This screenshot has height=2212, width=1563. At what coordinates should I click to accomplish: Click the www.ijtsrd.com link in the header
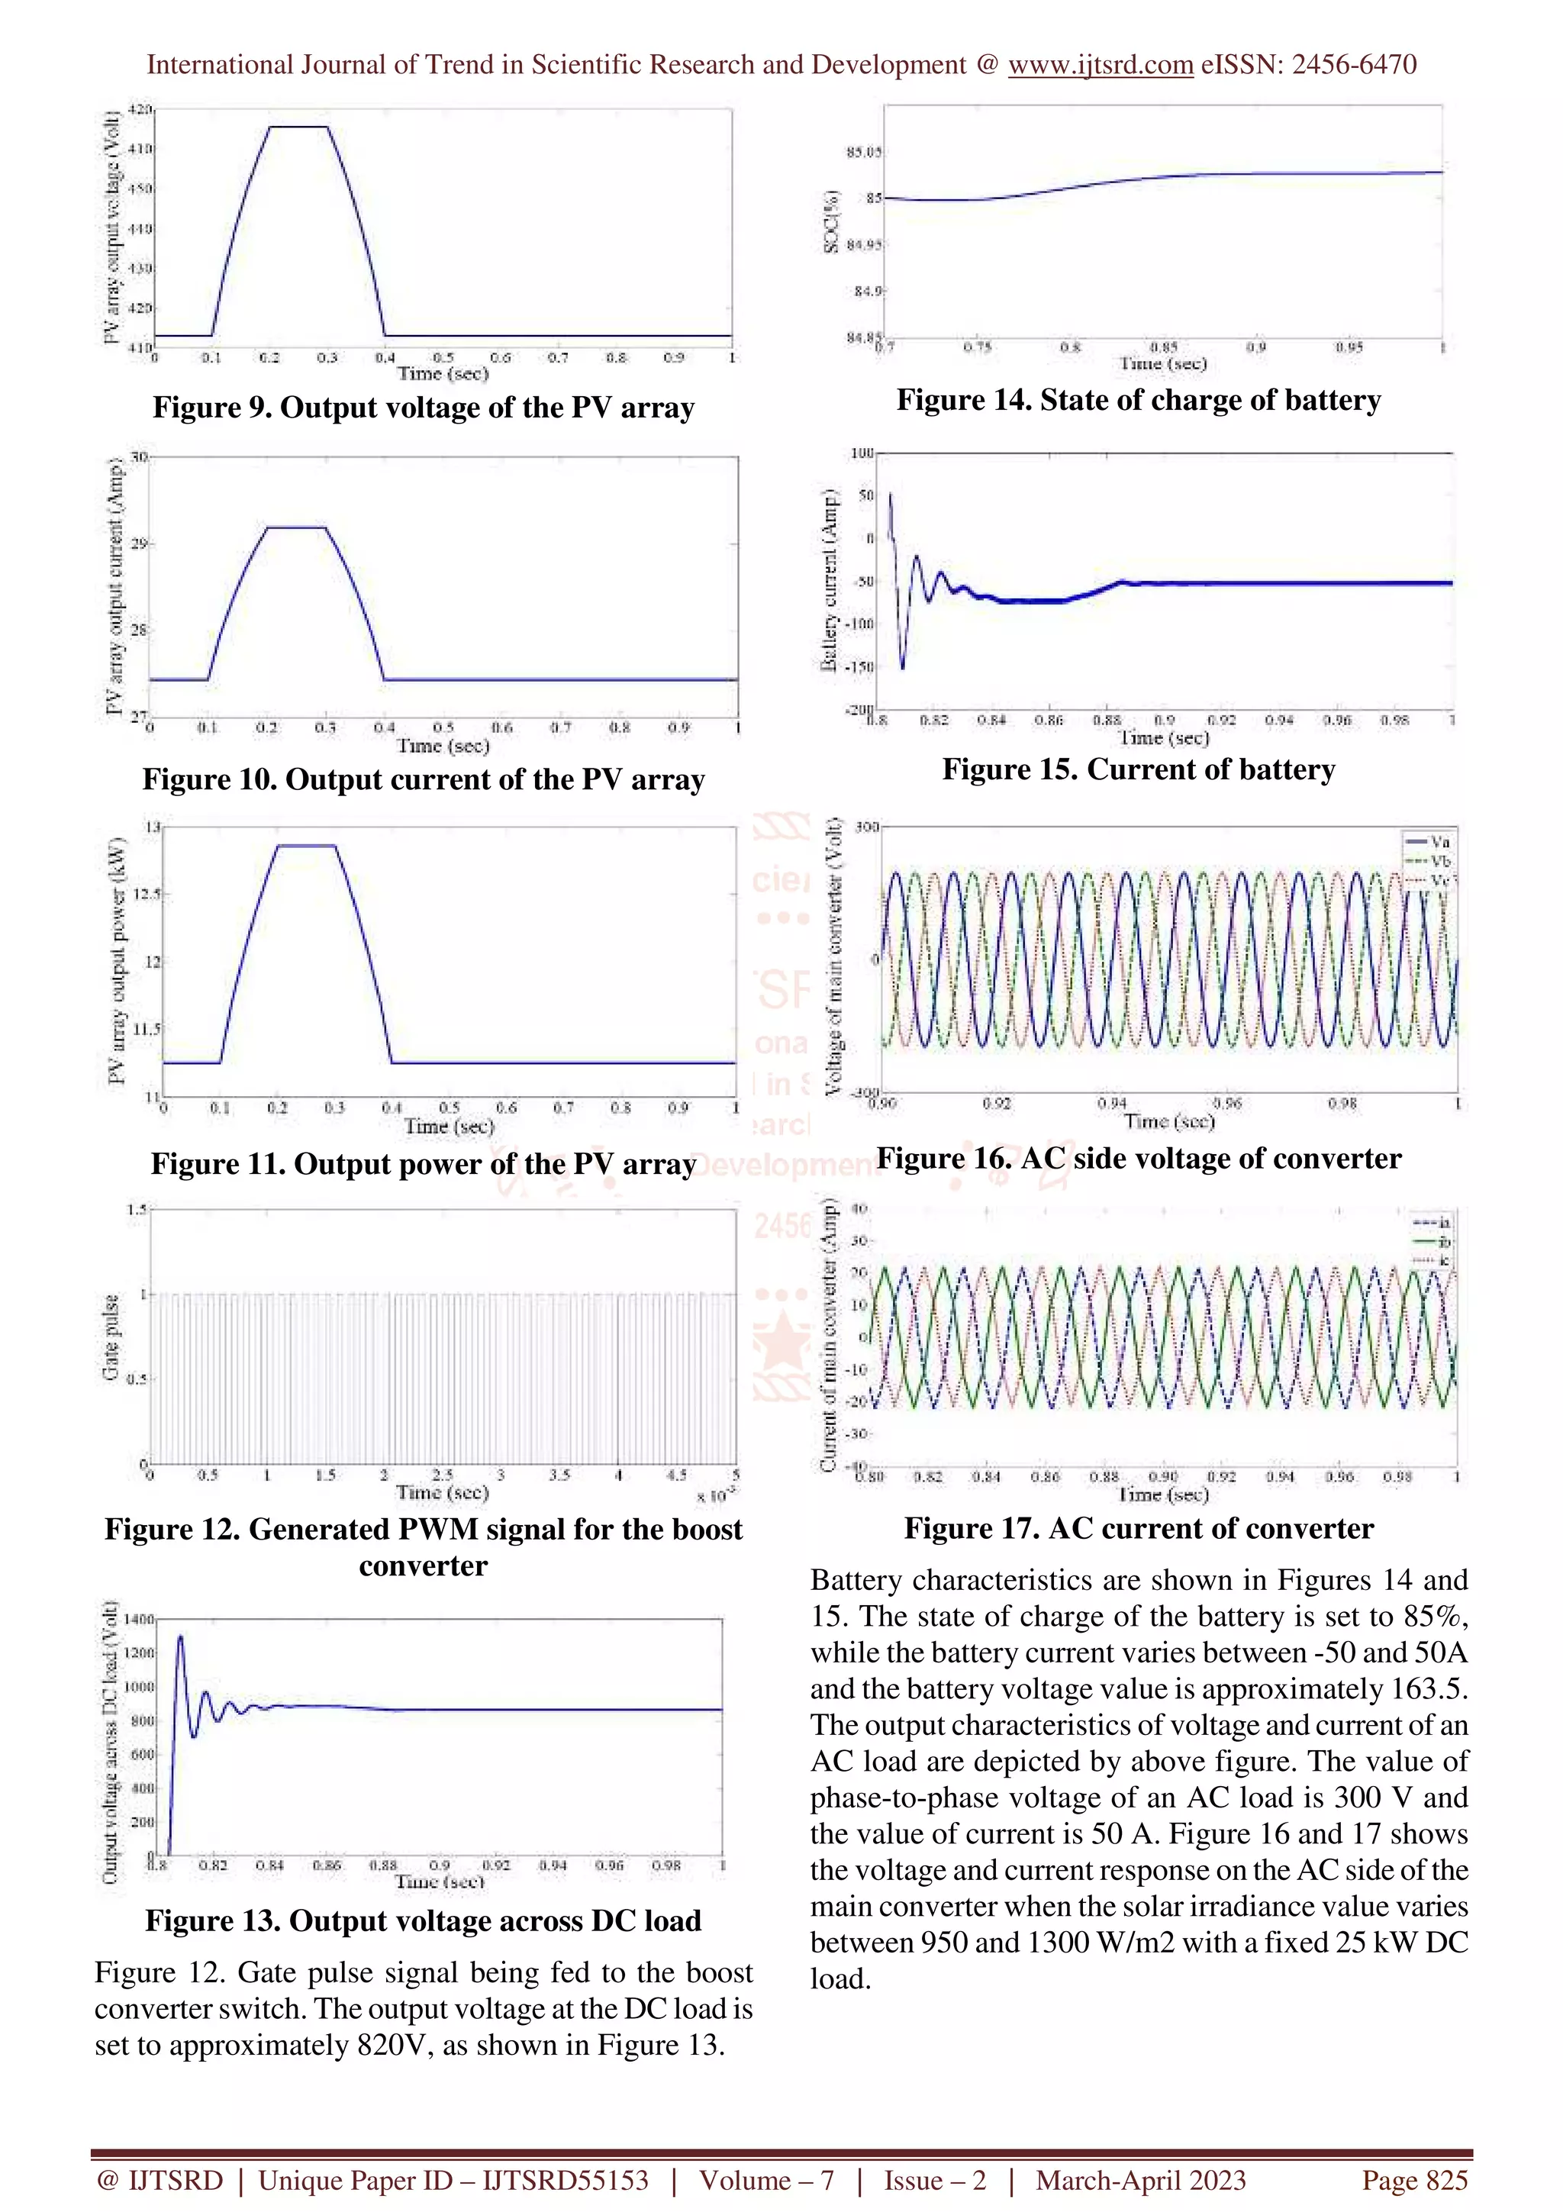pyautogui.click(x=1100, y=65)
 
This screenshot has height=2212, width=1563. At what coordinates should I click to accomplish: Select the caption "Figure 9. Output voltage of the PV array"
pyautogui.click(x=423, y=408)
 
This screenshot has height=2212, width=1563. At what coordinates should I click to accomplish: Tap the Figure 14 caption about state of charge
pyautogui.click(x=1139, y=400)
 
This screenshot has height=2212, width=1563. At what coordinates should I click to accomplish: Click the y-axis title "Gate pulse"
pyautogui.click(x=111, y=1337)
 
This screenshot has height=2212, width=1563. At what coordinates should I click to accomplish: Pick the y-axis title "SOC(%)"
pyautogui.click(x=831, y=221)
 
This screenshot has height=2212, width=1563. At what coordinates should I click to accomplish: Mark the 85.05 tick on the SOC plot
pyautogui.click(x=864, y=152)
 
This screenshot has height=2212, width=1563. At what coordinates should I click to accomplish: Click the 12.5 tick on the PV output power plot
pyautogui.click(x=147, y=894)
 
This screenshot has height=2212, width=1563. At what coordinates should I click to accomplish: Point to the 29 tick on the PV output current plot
pyautogui.click(x=140, y=544)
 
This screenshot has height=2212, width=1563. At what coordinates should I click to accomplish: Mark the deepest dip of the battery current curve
pyautogui.click(x=902, y=666)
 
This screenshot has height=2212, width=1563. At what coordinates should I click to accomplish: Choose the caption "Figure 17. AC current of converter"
pyautogui.click(x=1139, y=1529)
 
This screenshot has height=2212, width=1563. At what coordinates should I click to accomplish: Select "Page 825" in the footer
pyautogui.click(x=1413, y=2180)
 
